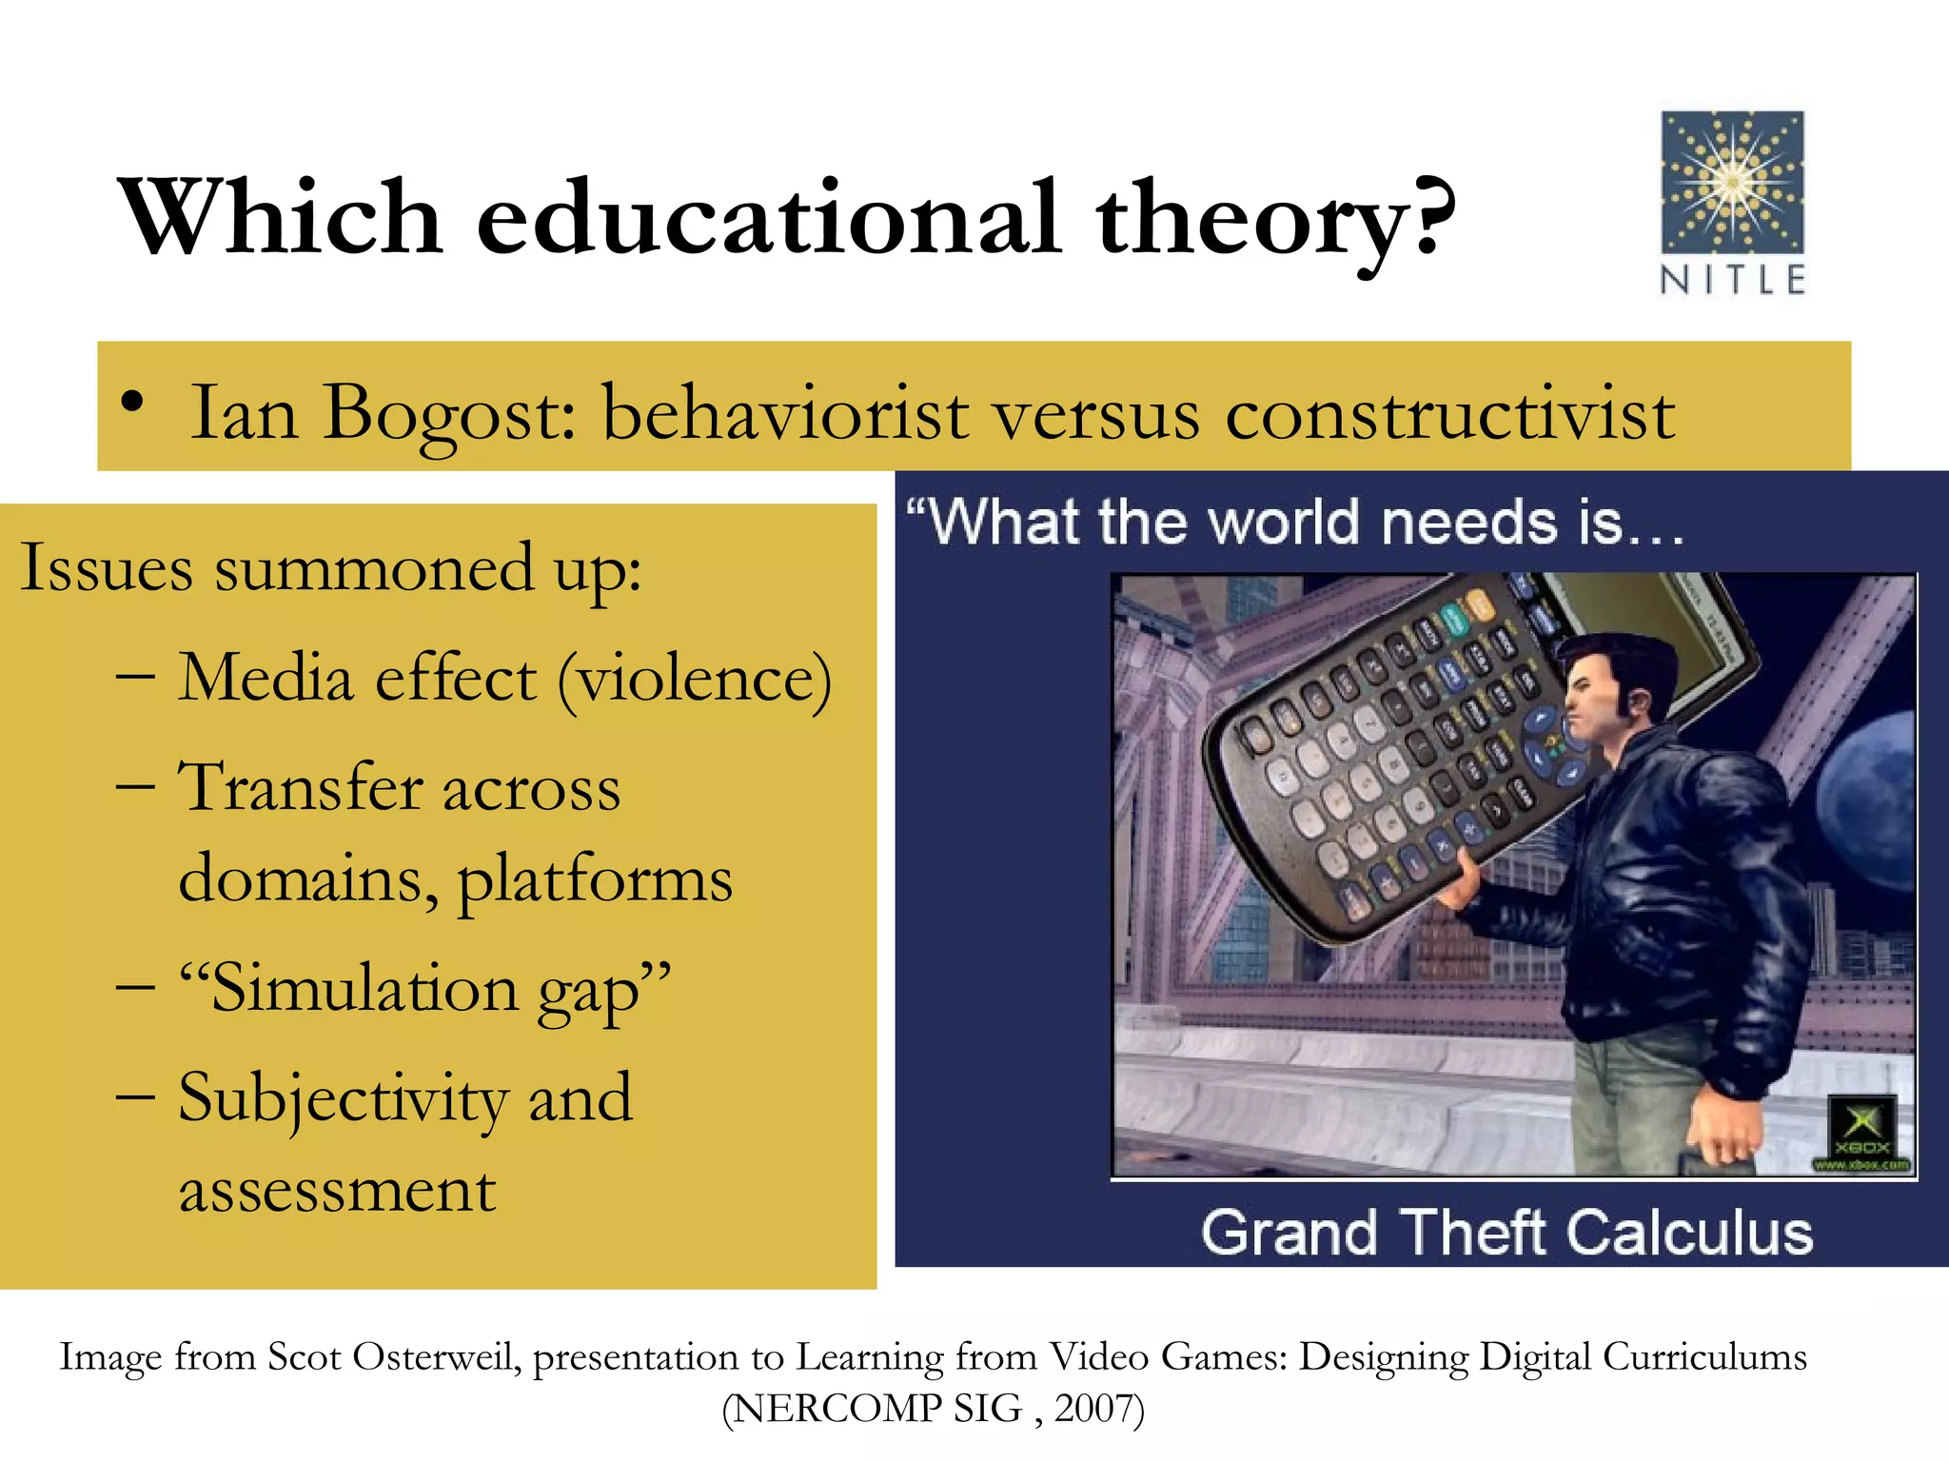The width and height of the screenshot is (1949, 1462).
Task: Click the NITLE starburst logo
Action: click(1732, 182)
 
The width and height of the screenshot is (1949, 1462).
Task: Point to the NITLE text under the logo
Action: click(1732, 280)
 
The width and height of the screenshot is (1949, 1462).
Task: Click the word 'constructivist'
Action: click(1449, 415)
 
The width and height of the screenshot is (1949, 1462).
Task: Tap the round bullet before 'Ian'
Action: click(133, 404)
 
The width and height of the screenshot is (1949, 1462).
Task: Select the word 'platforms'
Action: click(595, 879)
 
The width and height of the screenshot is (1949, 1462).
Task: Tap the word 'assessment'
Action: click(338, 1190)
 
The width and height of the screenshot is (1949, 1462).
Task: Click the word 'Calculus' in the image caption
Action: click(1689, 1233)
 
